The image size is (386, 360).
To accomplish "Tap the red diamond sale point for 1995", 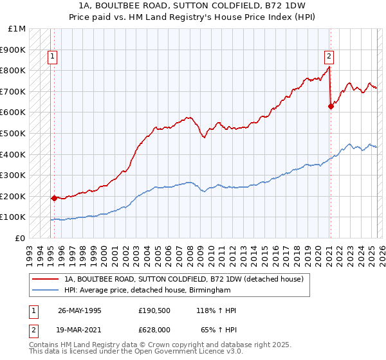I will tap(54, 198).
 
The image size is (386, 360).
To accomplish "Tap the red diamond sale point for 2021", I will tap(331, 107).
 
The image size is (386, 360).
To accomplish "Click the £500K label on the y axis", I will tap(13, 133).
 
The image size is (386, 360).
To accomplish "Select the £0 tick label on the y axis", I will tap(20, 238).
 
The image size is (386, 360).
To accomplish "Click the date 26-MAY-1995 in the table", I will tap(79, 310).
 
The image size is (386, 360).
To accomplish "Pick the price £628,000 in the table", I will tap(154, 328).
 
